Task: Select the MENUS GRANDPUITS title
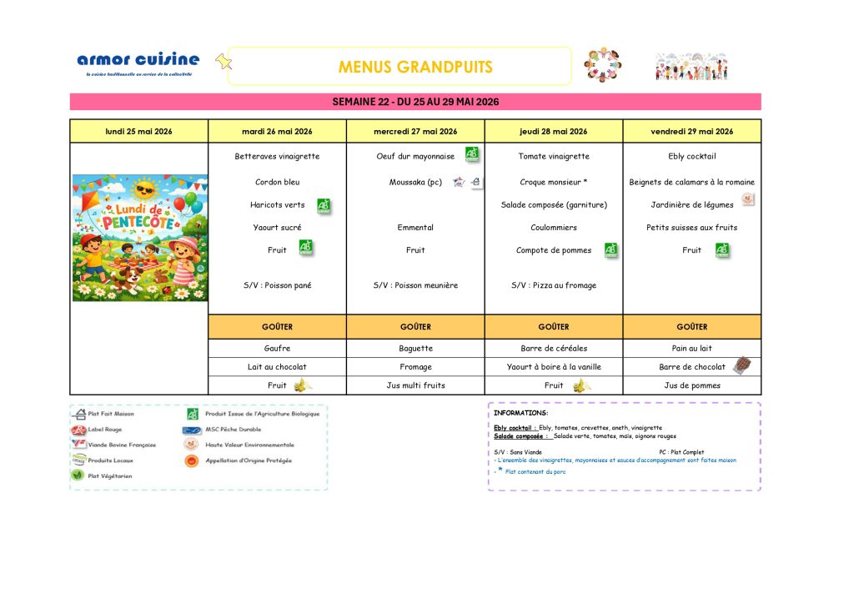(x=415, y=67)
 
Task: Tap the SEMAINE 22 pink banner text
(x=415, y=102)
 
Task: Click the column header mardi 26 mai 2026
(x=277, y=131)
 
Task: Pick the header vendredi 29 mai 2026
(x=691, y=131)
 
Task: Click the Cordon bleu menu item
(x=277, y=182)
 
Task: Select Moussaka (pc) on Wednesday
(x=415, y=182)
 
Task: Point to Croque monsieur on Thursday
(x=553, y=182)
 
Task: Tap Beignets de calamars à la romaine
(x=691, y=182)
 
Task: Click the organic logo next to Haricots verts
(x=324, y=204)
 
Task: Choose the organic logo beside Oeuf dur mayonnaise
(x=472, y=154)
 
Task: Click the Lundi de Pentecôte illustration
(x=140, y=237)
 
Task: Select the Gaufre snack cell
(x=277, y=348)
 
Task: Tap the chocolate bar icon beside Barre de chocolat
(x=741, y=365)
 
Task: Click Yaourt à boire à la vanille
(x=553, y=366)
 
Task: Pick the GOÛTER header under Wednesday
(x=415, y=327)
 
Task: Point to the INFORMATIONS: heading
(x=520, y=413)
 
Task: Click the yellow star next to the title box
(x=223, y=61)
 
